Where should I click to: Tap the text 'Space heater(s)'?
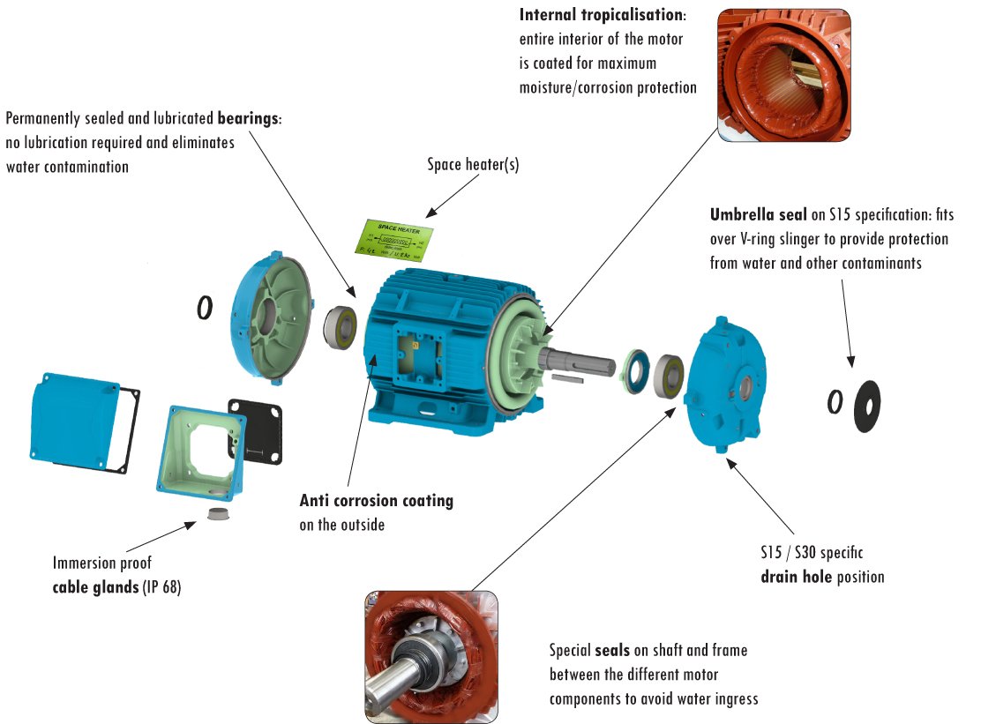pos(473,164)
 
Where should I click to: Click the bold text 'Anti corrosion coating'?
pos(376,501)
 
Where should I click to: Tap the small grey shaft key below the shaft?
pos(571,377)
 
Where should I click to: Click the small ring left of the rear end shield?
pos(204,307)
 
